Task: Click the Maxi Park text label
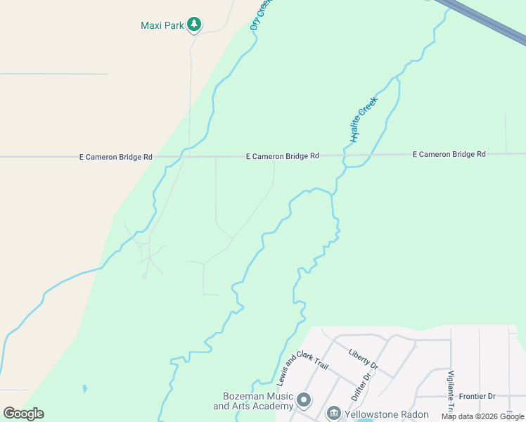tap(162, 26)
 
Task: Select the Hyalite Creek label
tap(364, 119)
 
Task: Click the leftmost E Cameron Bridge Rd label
tap(115, 158)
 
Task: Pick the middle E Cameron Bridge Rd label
tap(283, 156)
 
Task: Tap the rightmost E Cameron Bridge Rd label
tap(449, 154)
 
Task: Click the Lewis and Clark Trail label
tap(293, 368)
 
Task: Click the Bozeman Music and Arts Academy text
tap(252, 402)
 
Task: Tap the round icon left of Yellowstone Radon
tap(334, 414)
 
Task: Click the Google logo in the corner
tap(23, 414)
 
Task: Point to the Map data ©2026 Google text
tap(482, 417)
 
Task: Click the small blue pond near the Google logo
tap(84, 388)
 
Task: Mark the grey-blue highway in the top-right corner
tap(485, 21)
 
